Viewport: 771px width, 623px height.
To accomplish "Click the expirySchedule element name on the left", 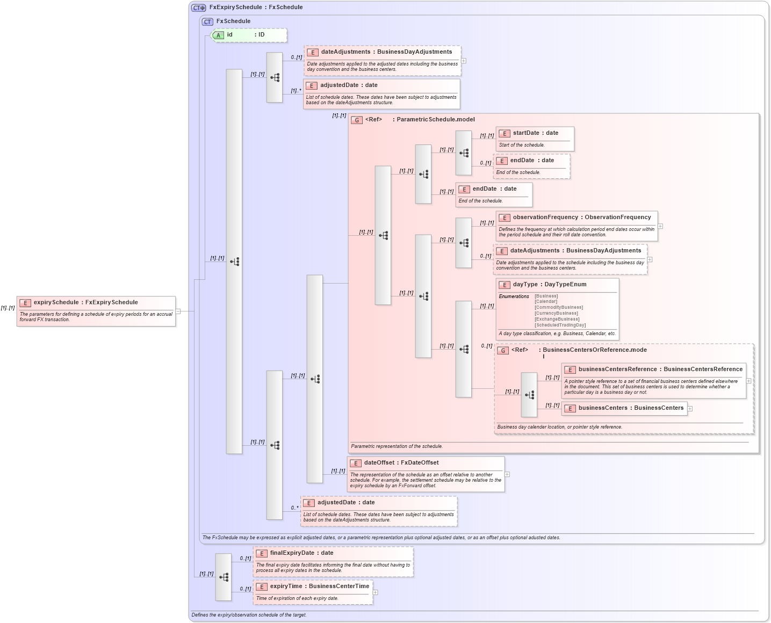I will pos(85,302).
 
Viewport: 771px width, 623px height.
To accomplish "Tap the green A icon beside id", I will pos(218,35).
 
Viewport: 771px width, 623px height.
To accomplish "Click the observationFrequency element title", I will pos(581,218).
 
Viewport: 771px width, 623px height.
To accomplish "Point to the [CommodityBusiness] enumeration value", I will pos(558,308).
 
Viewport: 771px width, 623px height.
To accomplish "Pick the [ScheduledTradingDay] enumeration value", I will pos(560,325).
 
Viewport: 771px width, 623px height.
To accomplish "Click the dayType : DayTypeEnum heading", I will pos(549,285).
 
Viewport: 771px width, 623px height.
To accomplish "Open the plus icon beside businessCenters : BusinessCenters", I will pos(690,409).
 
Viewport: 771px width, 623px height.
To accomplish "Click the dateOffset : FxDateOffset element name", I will pos(401,463).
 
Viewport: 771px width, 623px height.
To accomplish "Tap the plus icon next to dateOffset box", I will pos(507,474).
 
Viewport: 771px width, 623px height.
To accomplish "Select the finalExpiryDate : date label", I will pos(301,553).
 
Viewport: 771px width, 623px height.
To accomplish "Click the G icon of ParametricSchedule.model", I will pos(357,120).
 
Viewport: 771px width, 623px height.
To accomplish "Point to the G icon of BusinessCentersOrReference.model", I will pos(503,351).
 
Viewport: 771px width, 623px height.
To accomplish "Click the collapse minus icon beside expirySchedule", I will pos(178,311).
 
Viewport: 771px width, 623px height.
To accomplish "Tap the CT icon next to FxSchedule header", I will pos(207,22).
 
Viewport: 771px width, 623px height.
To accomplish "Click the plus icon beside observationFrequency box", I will pos(660,226).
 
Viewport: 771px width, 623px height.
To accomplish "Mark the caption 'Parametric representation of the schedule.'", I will pos(397,446).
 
